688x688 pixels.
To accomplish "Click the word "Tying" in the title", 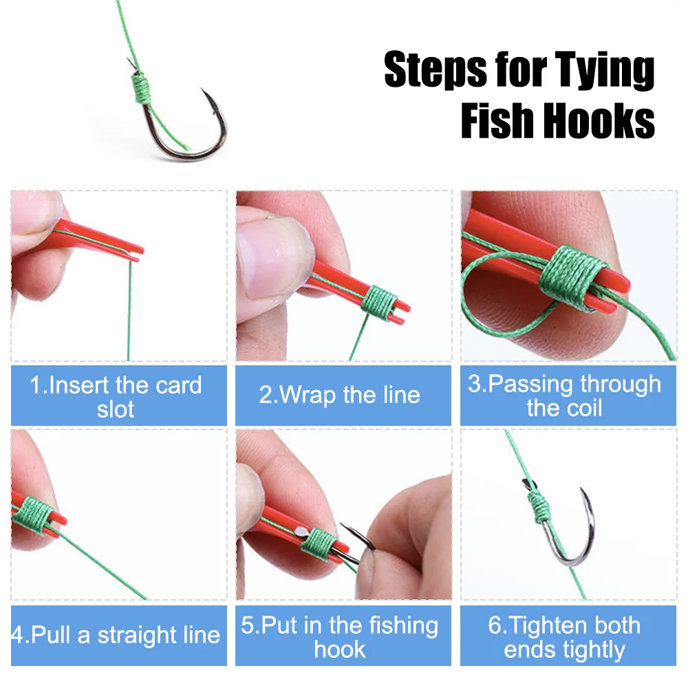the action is point(605,69).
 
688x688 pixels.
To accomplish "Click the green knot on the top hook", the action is point(141,87).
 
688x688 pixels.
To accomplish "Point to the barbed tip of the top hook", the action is point(202,89).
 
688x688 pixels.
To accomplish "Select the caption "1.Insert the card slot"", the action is point(116,397).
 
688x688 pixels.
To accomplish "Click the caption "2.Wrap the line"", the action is point(340,394).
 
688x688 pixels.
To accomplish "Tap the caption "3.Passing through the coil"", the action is point(565,396).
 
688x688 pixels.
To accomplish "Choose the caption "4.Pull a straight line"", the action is point(116,635).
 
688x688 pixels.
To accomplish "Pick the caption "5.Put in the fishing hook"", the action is point(340,636).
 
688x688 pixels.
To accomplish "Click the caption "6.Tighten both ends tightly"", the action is point(565,637).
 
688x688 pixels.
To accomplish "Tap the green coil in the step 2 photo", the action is point(380,302).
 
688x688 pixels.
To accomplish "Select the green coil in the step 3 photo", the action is point(571,276).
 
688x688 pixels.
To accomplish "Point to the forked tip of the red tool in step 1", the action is point(140,253).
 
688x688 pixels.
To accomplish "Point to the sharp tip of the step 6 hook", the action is point(581,488).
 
